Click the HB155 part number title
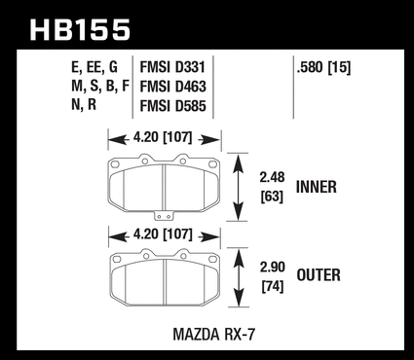point(80,30)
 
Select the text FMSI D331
point(172,67)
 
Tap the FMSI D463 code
point(172,87)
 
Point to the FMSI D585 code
point(172,106)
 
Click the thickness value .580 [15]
point(323,68)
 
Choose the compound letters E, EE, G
point(94,68)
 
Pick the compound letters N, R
point(84,105)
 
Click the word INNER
point(317,187)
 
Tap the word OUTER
point(319,275)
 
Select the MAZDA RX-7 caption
point(214,335)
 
